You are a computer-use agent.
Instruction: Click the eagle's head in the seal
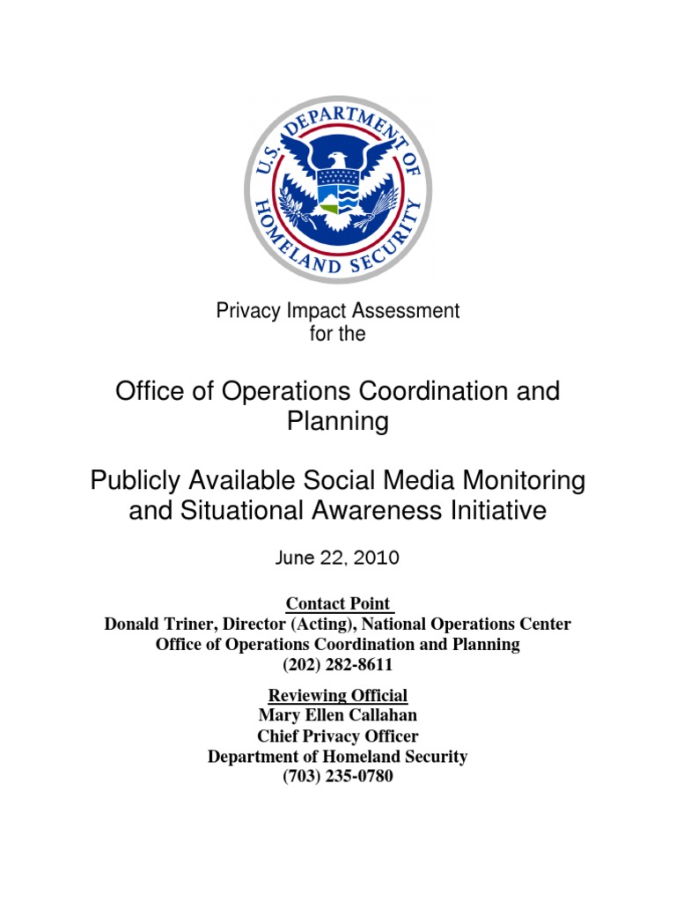coord(337,159)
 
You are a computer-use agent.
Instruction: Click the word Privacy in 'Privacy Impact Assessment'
coord(242,311)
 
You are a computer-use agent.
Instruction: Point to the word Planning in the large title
coord(338,422)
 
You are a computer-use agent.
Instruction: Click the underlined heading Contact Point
coord(338,604)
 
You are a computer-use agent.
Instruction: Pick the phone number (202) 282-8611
coord(338,665)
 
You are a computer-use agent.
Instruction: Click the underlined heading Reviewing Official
coord(338,695)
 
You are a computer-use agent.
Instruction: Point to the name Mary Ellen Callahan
coord(338,715)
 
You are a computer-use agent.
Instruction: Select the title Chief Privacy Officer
coord(338,736)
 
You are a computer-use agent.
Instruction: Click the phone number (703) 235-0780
coord(338,777)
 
